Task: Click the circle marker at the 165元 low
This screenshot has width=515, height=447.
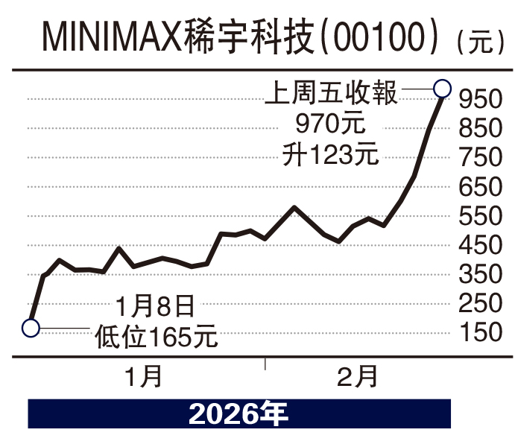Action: point(31,327)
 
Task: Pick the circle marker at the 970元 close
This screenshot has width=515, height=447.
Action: point(442,89)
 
